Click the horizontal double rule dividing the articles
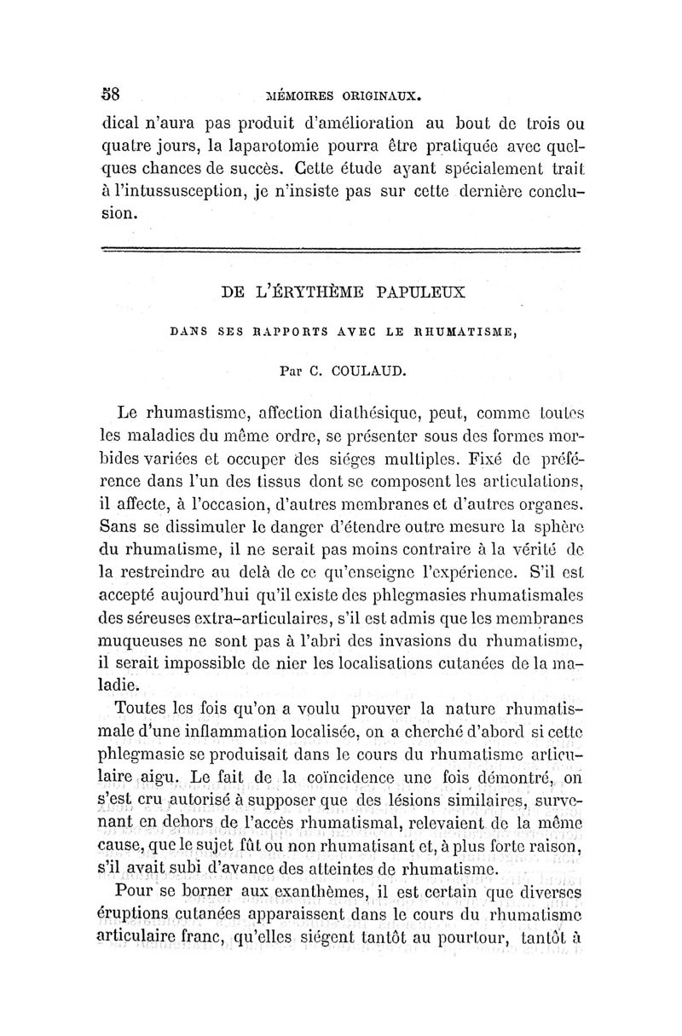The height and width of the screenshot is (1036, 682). (341, 249)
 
